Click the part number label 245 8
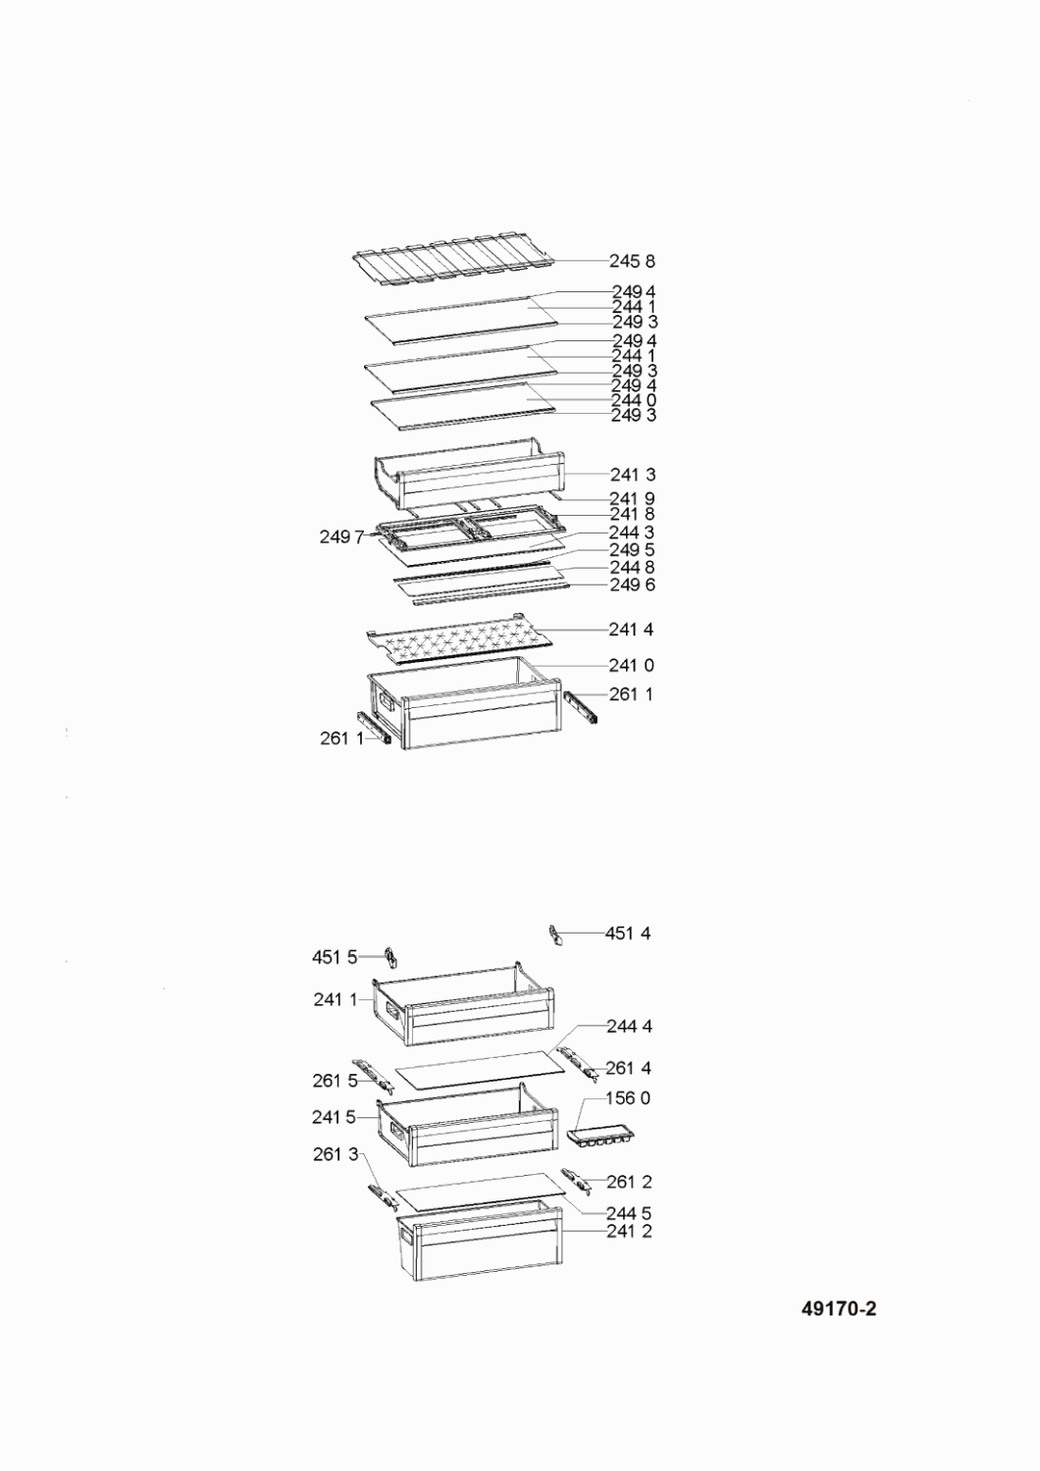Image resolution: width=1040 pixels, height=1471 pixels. coord(632,262)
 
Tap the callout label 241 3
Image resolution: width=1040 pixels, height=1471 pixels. coord(633,474)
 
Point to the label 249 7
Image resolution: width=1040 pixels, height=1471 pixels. coord(341,537)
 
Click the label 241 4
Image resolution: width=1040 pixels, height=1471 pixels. coord(631,630)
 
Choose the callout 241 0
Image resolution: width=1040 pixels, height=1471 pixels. coord(631,666)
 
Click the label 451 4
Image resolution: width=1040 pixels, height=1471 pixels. coord(628,934)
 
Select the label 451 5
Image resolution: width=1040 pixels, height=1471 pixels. coord(335,957)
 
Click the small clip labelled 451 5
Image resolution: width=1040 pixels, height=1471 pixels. coord(391,957)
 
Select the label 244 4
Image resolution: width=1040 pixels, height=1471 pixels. coord(629,1027)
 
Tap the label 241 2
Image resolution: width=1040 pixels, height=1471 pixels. coord(629,1232)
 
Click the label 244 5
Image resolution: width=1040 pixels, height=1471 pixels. coord(629,1214)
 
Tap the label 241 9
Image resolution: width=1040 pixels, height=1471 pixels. coord(632,498)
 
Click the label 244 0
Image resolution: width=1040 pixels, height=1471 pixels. coord(634,400)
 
